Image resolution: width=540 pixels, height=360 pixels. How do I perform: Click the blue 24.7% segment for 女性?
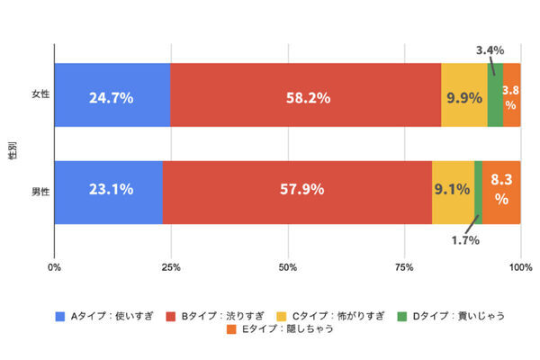tap(112, 95)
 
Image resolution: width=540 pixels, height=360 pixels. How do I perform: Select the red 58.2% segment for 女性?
tap(305, 95)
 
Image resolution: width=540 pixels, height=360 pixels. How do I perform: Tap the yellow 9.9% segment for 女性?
tap(463, 95)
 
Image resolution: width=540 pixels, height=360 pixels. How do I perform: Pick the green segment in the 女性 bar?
tap(495, 95)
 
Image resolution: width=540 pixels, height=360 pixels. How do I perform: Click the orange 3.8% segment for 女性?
tap(511, 95)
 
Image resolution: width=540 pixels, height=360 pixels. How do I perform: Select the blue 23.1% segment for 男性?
tap(108, 192)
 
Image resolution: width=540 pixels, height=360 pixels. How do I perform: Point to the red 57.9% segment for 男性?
tap(297, 192)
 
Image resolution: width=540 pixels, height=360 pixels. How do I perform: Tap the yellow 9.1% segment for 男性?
tap(453, 192)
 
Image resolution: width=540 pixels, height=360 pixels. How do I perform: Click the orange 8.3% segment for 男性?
tap(501, 192)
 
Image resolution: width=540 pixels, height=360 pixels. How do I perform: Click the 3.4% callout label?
tap(490, 50)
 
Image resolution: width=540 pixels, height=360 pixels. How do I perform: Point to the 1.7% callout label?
tap(466, 240)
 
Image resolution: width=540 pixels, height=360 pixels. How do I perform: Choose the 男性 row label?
tap(40, 192)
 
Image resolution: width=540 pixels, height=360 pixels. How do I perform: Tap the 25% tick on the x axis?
tap(171, 266)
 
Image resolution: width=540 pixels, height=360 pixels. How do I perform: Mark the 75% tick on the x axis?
tap(404, 266)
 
